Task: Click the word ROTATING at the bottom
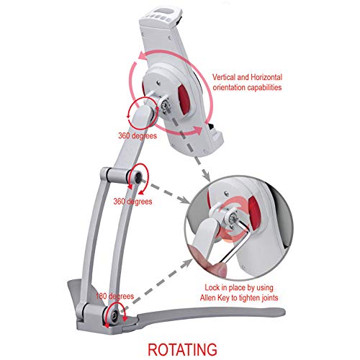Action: pyautogui.click(x=182, y=349)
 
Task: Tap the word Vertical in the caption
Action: pyautogui.click(x=224, y=77)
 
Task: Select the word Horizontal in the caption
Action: pyautogui.click(x=266, y=77)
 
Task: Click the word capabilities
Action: pyautogui.click(x=264, y=87)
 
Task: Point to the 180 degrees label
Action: pyautogui.click(x=114, y=296)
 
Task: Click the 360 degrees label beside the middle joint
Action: pyautogui.click(x=132, y=202)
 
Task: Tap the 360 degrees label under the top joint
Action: pyautogui.click(x=138, y=136)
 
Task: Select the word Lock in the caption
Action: pyautogui.click(x=212, y=287)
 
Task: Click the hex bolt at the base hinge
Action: pyautogui.click(x=114, y=315)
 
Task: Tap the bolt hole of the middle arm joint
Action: pyautogui.click(x=138, y=177)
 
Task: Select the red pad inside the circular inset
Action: pyautogui.click(x=254, y=210)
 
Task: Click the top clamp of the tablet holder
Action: pyautogui.click(x=163, y=16)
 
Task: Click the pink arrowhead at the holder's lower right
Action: pyautogui.click(x=198, y=130)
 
